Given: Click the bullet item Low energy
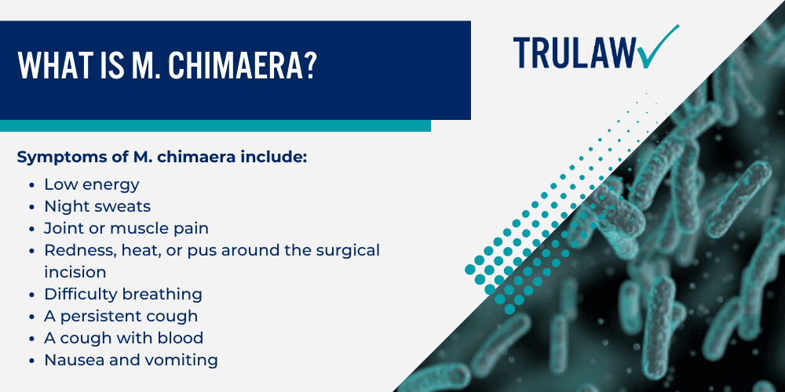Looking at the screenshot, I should pyautogui.click(x=92, y=184).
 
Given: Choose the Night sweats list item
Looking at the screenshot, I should pyautogui.click(x=97, y=206).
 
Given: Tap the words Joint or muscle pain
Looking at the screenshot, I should pyautogui.click(x=126, y=228).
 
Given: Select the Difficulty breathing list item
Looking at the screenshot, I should pyautogui.click(x=123, y=294).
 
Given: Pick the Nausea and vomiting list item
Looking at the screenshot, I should pyautogui.click(x=131, y=360).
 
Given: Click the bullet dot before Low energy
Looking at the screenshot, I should pyautogui.click(x=31, y=185).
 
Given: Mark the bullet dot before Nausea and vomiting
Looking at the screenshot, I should pyautogui.click(x=31, y=361).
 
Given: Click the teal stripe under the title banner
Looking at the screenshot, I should pyautogui.click(x=215, y=125).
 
